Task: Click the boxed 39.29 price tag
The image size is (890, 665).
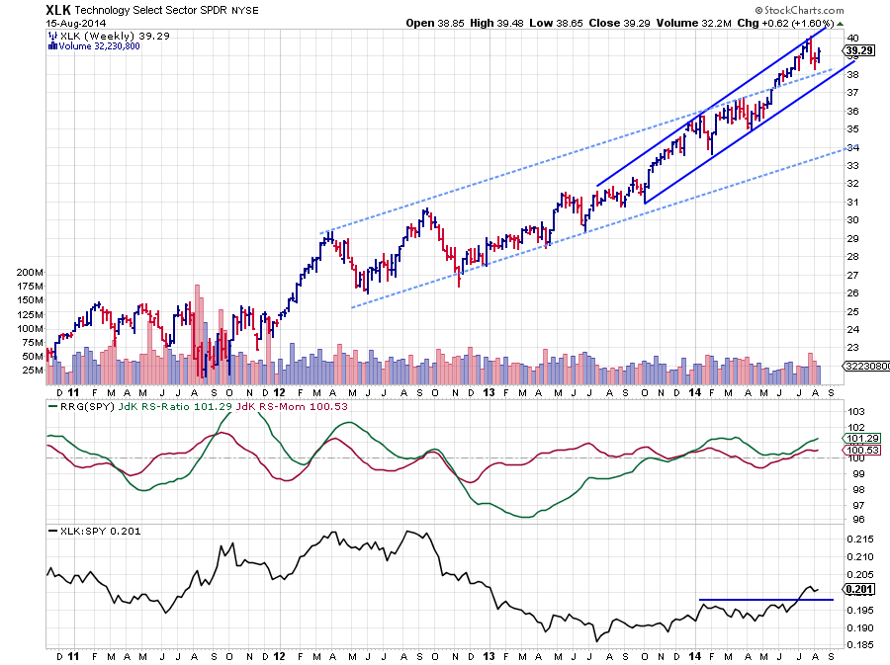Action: point(857,49)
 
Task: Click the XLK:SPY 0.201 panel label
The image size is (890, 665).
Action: point(90,532)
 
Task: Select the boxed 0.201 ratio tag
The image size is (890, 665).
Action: point(856,590)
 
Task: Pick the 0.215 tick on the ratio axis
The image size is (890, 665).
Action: point(856,539)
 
